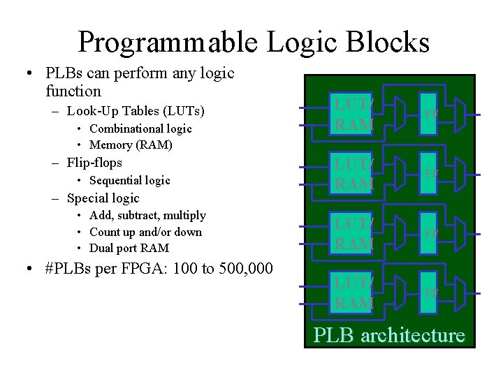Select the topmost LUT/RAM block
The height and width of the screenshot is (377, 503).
pyautogui.click(x=353, y=114)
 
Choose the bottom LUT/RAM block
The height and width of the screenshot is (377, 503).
pyautogui.click(x=353, y=293)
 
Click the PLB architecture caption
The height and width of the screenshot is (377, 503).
pyautogui.click(x=388, y=335)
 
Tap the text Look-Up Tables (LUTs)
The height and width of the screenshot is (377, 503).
pyautogui.click(x=137, y=110)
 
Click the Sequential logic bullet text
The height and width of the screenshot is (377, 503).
pyautogui.click(x=130, y=180)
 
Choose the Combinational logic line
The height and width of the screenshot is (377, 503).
pyautogui.click(x=140, y=128)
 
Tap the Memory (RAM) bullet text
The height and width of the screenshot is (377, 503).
pyautogui.click(x=131, y=145)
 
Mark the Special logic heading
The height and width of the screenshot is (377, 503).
pyautogui.click(x=103, y=198)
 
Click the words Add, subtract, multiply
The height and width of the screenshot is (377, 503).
pyautogui.click(x=147, y=215)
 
